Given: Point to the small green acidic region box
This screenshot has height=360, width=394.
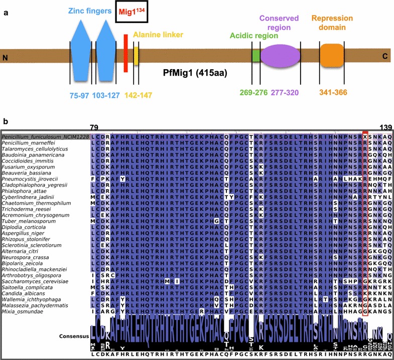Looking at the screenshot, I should pyautogui.click(x=256, y=55).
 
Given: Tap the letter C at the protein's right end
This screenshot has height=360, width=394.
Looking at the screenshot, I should pyautogui.click(x=385, y=57).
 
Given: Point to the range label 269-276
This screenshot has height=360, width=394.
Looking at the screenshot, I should pyautogui.click(x=252, y=93).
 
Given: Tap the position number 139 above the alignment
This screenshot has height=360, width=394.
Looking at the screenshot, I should pyautogui.click(x=385, y=128).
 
